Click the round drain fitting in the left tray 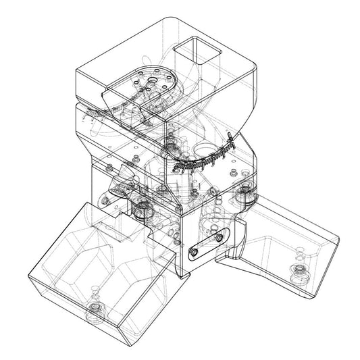click(x=95, y=311)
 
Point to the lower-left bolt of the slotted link click(x=194, y=251)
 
